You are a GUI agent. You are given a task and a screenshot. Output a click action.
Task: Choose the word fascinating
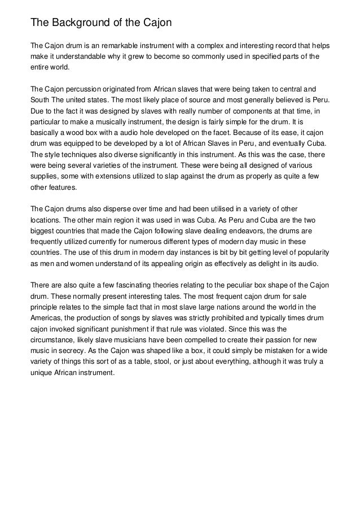coord(128,285)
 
